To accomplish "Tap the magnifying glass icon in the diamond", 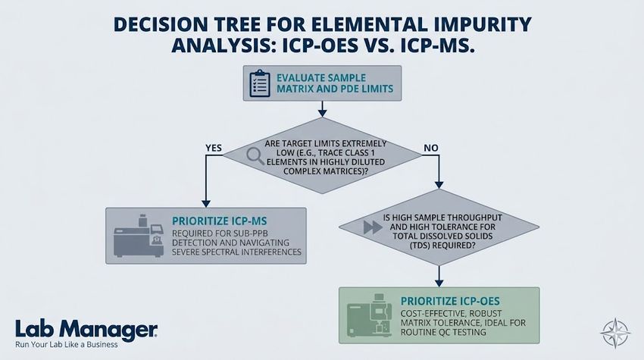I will point(254,155).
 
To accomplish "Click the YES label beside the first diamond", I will point(214,148).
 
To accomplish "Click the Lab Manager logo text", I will point(86,328).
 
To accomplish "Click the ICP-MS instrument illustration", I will point(136,237).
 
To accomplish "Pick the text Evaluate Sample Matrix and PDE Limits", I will point(330,84).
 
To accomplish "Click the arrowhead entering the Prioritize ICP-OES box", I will point(439,281).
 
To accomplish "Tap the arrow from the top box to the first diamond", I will point(324,110).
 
